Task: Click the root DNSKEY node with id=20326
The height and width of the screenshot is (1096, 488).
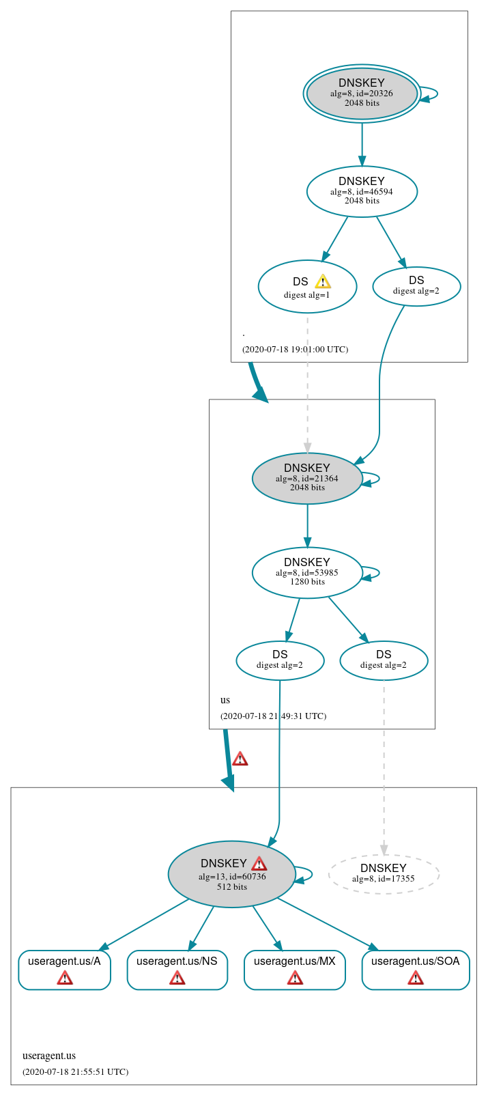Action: point(362,94)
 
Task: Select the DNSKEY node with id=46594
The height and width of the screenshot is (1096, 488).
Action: point(362,191)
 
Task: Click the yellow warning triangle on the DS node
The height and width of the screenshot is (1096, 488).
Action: point(323,281)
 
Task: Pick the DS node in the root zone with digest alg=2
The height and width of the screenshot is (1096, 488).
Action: point(416,285)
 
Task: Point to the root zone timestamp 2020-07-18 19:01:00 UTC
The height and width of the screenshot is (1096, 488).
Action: point(295,349)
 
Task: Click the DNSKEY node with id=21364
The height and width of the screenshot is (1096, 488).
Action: point(307,478)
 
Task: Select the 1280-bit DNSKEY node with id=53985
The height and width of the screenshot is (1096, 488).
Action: point(307,572)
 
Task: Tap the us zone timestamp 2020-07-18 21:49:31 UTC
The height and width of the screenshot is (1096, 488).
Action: point(273,716)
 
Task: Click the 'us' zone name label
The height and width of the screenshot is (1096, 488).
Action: point(225,700)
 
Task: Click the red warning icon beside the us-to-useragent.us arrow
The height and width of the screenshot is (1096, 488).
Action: point(240,759)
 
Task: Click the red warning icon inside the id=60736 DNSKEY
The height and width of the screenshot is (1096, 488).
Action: point(259,863)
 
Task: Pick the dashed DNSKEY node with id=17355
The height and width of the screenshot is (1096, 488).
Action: point(384,873)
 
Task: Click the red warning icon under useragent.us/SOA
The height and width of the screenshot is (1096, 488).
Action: point(415,979)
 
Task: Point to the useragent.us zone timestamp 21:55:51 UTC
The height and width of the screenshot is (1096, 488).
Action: point(75,1071)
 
